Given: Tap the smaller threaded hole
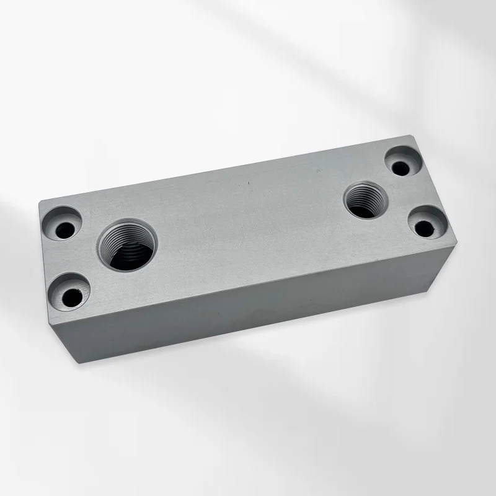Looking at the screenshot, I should pos(366,200).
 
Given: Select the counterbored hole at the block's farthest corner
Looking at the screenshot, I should pos(403,162).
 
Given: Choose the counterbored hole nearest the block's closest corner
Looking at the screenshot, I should pos(70,295).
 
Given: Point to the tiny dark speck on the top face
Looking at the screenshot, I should pos(249,184).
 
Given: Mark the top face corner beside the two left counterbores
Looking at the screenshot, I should pos(41,202).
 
